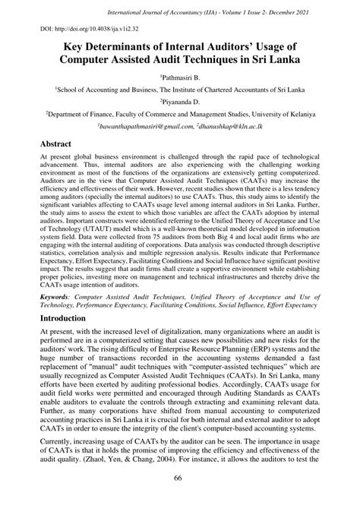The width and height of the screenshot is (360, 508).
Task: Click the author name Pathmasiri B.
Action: [x=180, y=78]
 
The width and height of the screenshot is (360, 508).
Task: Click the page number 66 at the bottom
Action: [x=180, y=497]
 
